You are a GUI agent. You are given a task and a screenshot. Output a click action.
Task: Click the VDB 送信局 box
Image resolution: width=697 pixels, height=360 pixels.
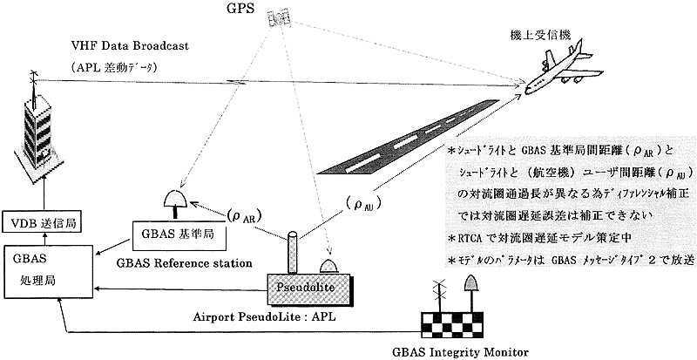click(43, 223)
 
